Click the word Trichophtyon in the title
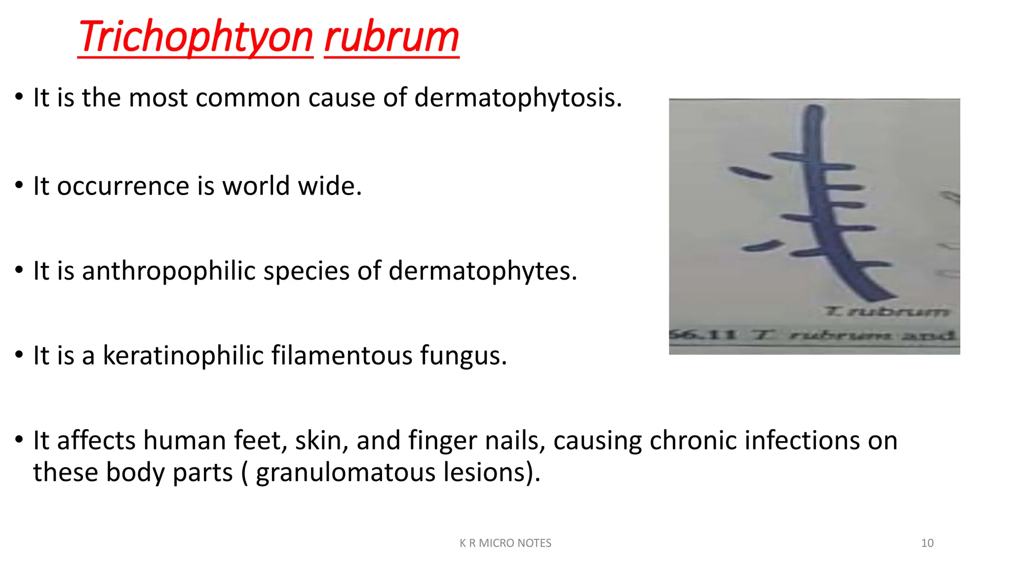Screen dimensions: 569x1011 tap(195, 38)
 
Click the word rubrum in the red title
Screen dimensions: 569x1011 tap(391, 38)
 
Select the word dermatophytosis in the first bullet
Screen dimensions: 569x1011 tap(518, 97)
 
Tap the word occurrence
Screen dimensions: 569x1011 tap(123, 186)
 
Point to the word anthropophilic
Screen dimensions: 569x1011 tap(168, 271)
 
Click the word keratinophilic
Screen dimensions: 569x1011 tap(183, 356)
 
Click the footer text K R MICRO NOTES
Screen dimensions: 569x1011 tap(505, 543)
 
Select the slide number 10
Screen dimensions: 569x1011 tap(927, 543)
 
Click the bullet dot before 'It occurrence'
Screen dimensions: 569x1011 tap(19, 186)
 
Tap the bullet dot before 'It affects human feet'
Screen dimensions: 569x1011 tap(19, 439)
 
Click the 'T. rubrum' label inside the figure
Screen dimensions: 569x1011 tap(887, 312)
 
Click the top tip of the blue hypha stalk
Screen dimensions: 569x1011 tap(815, 109)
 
